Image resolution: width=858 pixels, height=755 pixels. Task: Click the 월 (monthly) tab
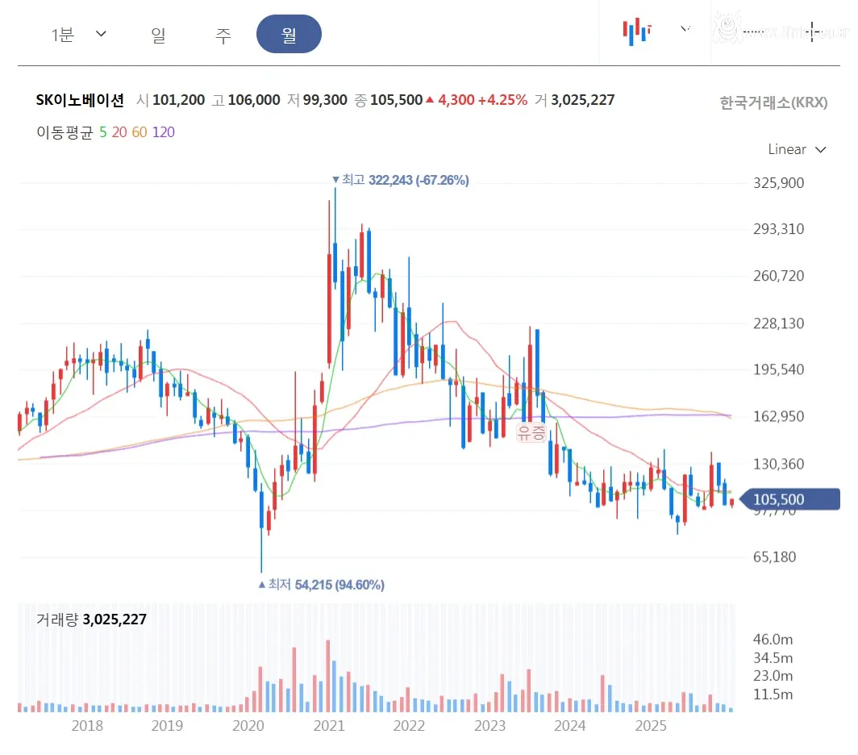coord(289,35)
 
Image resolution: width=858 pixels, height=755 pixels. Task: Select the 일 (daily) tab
coord(158,35)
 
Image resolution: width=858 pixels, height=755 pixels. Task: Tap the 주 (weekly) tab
coord(223,35)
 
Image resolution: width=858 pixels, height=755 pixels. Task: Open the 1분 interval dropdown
coord(79,35)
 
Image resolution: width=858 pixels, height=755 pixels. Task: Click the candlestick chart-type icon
coord(636,31)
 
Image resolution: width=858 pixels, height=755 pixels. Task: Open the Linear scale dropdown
coord(797,149)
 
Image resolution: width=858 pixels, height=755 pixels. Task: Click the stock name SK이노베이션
coord(81,100)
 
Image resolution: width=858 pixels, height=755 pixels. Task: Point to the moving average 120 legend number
coord(164,132)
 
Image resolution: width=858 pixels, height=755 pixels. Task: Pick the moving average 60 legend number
coord(140,132)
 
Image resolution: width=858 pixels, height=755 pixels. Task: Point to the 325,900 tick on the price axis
coord(778,183)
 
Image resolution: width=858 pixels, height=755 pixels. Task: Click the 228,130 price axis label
coord(778,323)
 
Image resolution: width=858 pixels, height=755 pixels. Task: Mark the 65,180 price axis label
coord(775,557)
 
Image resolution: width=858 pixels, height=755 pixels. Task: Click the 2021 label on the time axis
coord(328,725)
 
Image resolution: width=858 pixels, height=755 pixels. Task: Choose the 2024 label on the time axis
coord(570,725)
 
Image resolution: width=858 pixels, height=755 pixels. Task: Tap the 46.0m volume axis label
coord(773,640)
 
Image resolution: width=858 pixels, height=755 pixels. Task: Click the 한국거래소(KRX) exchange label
coord(773,102)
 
